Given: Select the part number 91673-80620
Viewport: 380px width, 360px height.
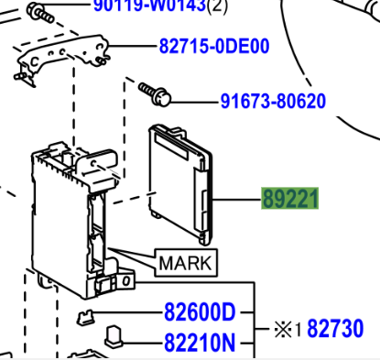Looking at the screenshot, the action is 272,101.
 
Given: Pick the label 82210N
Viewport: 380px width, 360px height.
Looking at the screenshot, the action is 199,344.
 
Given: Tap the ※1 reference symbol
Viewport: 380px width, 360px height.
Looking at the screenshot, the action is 288,328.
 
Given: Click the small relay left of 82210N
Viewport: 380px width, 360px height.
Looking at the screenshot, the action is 116,335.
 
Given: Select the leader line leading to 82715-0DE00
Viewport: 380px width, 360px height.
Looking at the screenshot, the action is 133,45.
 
